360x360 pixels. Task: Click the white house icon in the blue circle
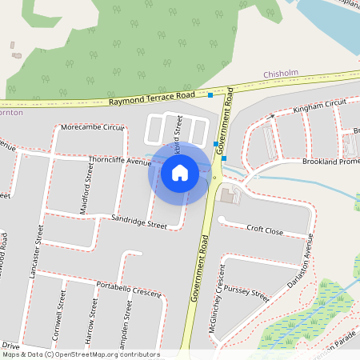[180, 172]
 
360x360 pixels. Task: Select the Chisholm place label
[281, 74]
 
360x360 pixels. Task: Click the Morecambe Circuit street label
[93, 127]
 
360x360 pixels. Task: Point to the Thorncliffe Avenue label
[119, 162]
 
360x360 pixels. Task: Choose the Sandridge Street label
[139, 222]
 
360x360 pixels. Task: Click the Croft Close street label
[264, 230]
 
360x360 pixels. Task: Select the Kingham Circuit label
[319, 106]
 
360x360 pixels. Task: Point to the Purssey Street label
[246, 292]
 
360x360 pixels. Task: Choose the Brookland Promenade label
[331, 162]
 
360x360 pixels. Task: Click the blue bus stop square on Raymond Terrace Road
[211, 95]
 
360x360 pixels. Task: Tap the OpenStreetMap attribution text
[81, 354]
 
